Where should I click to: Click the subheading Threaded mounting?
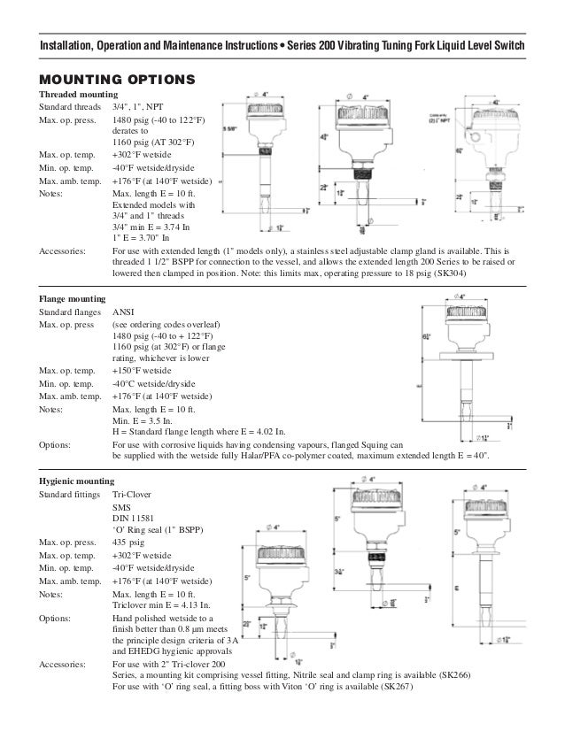click(x=76, y=94)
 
